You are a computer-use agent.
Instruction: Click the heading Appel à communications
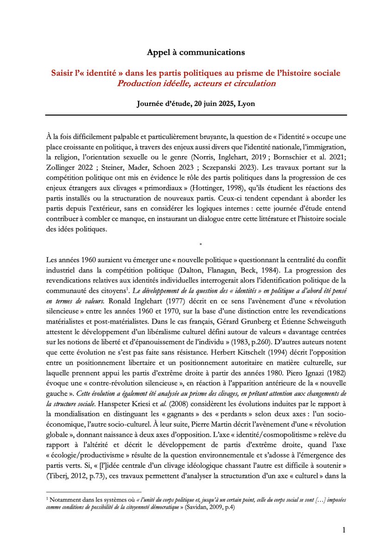pos(196,52)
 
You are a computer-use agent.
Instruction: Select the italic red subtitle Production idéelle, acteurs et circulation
pos(196,84)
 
